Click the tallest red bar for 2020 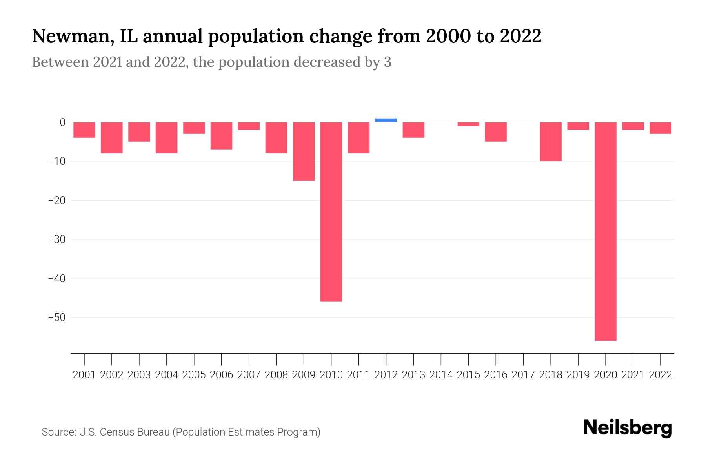605,231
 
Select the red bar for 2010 331,212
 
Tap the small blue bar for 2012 386,120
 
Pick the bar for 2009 304,151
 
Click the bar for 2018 550,141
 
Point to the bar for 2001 84,130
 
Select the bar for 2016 496,132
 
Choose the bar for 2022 660,128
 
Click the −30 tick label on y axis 56,239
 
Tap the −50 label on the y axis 56,317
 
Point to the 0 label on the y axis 62,122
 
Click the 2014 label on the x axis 441,375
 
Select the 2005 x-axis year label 194,375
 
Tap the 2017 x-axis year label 523,375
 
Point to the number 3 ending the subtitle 388,62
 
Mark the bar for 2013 413,130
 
